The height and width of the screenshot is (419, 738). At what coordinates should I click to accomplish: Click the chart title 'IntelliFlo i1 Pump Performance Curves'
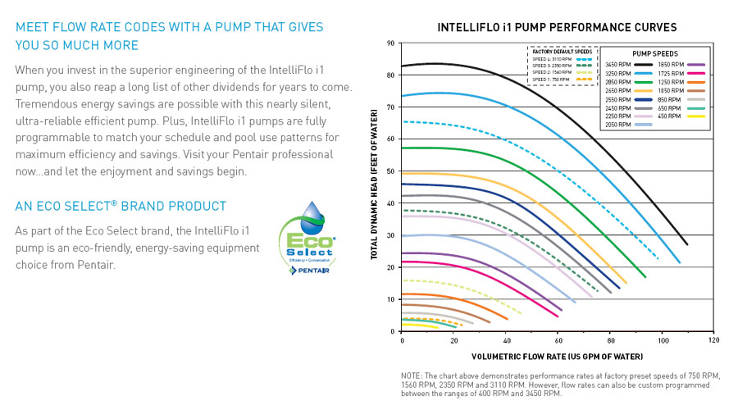coord(557,27)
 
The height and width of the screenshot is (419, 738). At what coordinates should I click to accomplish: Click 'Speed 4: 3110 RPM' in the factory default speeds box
coord(551,60)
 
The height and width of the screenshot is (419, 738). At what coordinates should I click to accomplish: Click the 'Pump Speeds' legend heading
coord(654,52)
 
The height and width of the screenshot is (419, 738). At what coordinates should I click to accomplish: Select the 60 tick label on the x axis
coord(558,340)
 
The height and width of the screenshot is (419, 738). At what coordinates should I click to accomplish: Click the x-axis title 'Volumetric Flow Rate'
coord(557,357)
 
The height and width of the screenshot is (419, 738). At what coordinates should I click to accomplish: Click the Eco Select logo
coord(307,234)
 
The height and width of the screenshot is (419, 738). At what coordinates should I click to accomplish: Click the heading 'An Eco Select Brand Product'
coord(121,206)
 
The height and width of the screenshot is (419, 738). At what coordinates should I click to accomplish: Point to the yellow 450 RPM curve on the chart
coord(418,326)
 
